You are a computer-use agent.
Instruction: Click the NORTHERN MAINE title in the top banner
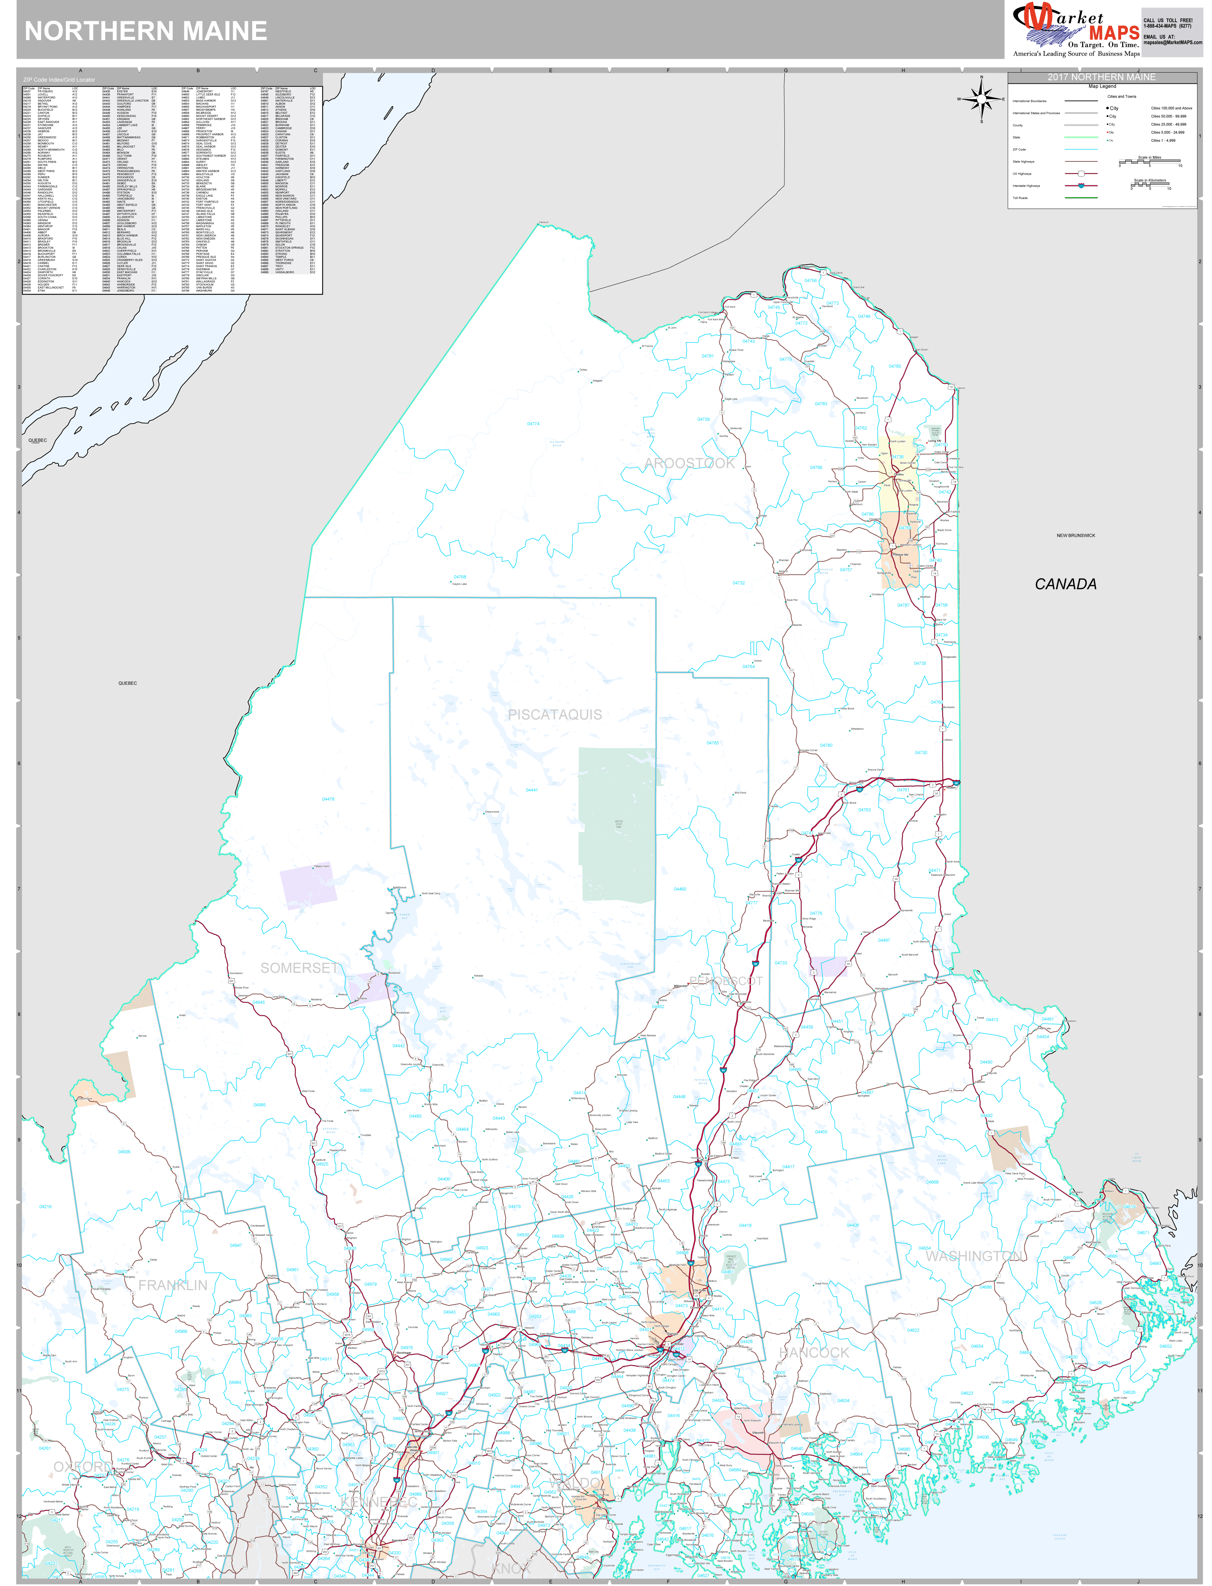pyautogui.click(x=146, y=31)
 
